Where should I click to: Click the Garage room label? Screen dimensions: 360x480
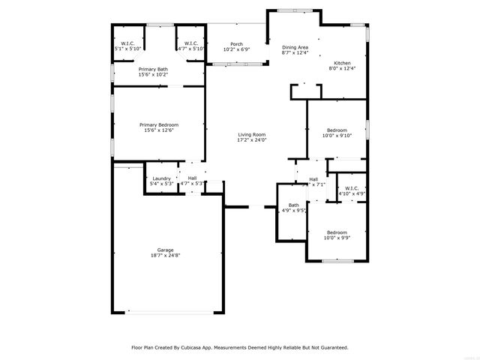[x=165, y=250]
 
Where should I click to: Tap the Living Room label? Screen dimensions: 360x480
[x=252, y=133]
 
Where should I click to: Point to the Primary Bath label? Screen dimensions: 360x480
[x=152, y=69]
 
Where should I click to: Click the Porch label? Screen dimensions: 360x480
[x=236, y=44]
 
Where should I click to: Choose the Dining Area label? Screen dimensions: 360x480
[x=294, y=46]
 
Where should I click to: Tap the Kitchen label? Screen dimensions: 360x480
[x=343, y=62]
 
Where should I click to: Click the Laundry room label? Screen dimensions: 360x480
[x=162, y=178]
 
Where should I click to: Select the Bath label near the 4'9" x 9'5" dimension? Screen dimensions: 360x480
[x=293, y=205]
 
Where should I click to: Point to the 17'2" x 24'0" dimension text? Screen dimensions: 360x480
[x=252, y=139]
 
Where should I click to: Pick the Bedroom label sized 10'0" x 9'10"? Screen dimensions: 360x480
[x=337, y=130]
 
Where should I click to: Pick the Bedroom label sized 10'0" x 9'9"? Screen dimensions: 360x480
[x=337, y=232]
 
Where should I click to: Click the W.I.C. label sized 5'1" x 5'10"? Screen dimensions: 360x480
[x=127, y=43]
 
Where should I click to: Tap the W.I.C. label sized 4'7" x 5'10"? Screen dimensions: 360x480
[x=190, y=43]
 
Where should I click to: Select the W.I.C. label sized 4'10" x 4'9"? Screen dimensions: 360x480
[x=352, y=187]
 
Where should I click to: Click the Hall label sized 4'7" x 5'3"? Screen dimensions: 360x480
[x=193, y=178]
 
